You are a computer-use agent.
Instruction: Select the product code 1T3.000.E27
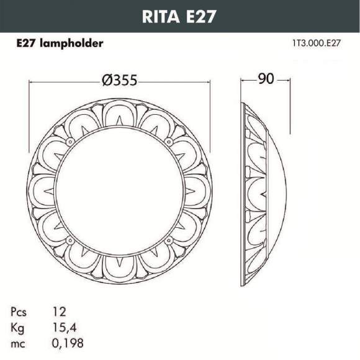[x=317, y=43]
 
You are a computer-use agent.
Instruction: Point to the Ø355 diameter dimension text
[x=119, y=81]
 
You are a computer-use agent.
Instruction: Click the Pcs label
[x=19, y=311]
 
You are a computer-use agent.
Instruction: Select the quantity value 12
[x=60, y=311]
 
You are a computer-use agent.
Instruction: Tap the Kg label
[x=17, y=327]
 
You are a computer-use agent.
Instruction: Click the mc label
[x=18, y=343]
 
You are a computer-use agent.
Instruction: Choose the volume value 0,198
[x=68, y=343]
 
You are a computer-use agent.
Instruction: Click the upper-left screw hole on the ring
[x=68, y=144]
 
